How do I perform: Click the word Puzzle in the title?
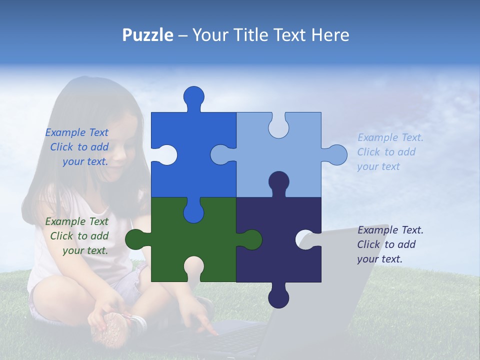(x=147, y=35)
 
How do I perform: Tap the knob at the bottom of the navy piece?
(x=278, y=297)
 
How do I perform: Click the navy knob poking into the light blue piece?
(x=278, y=182)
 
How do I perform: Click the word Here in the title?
(x=330, y=35)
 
